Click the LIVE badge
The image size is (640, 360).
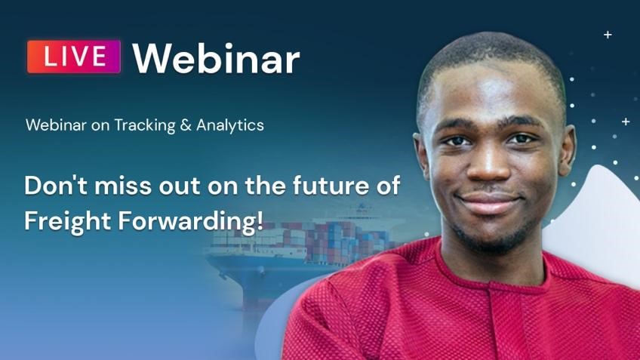[74, 57]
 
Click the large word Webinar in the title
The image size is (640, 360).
[216, 59]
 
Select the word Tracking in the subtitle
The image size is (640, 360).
[144, 125]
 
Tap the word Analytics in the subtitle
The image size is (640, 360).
[230, 125]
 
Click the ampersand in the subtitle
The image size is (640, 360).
[186, 125]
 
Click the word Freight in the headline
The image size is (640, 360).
[67, 221]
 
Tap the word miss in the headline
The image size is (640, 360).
[123, 186]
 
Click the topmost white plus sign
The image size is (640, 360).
[608, 35]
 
